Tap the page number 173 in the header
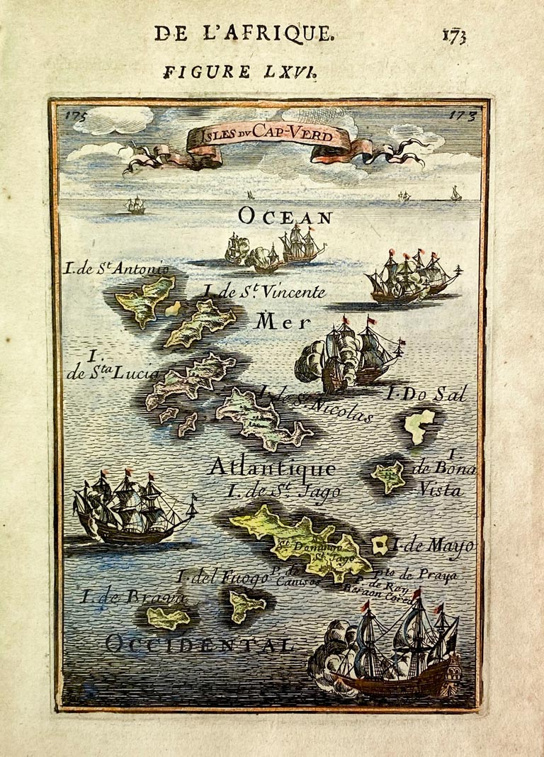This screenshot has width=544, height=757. pos(454,35)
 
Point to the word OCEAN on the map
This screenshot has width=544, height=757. pos(285,215)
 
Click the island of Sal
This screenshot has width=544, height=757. pos(420,426)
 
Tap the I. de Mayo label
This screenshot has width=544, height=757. pos(433,546)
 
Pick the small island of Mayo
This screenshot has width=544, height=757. pos(380,544)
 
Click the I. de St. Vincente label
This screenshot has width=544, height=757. pos(264,291)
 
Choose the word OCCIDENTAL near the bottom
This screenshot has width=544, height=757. pos(199,644)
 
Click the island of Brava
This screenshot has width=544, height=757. pos(168,617)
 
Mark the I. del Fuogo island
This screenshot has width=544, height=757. pos(246,606)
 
